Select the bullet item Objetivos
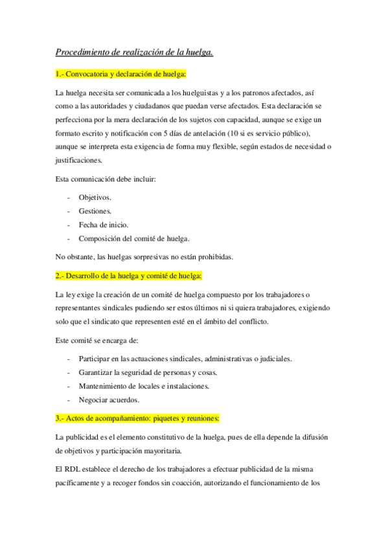click(x=95, y=197)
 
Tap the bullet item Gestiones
click(x=95, y=211)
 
